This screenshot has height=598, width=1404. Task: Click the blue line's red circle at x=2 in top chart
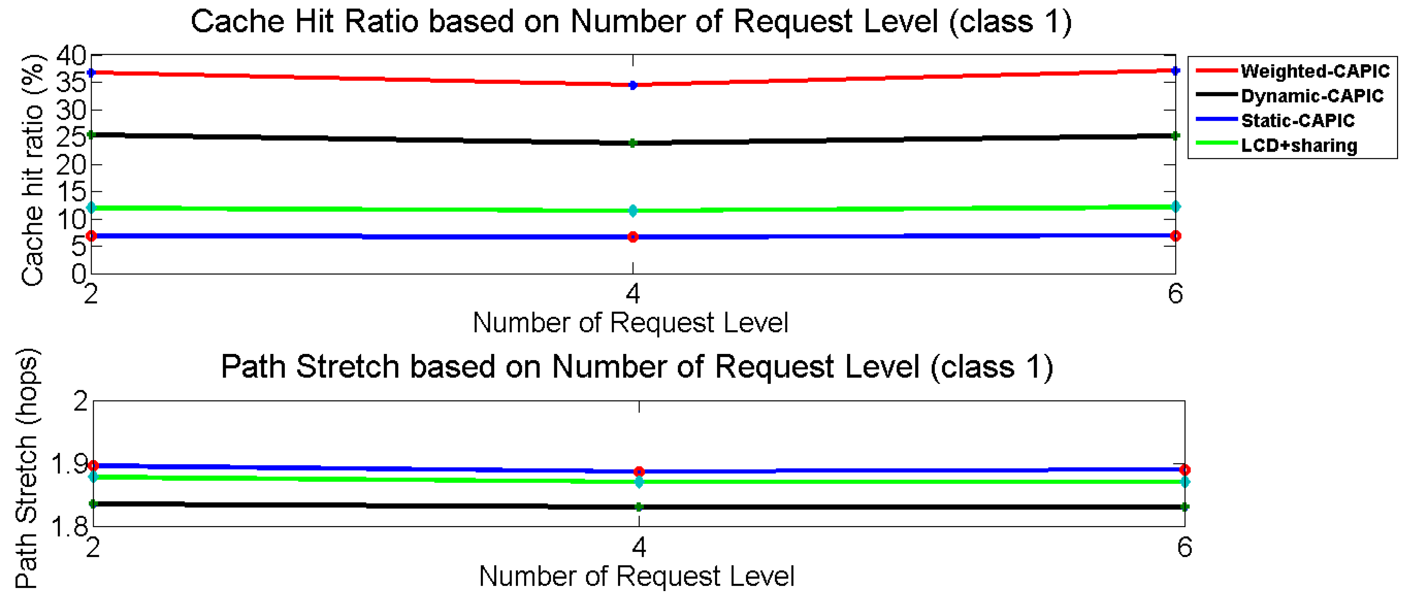(91, 236)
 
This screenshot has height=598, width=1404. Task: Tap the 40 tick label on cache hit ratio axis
(71, 55)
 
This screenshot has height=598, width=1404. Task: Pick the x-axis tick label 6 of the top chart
(1175, 294)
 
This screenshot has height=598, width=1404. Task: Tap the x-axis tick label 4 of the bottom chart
(639, 547)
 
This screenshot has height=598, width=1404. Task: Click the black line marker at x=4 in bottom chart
(639, 507)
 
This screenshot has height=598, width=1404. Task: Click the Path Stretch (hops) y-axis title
(26, 468)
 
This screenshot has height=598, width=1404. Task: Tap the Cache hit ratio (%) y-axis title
(32, 170)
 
